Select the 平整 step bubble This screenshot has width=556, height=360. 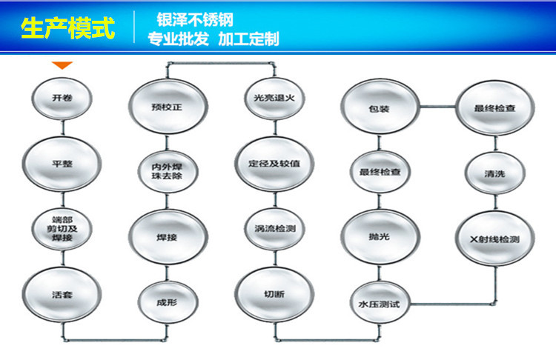(x=62, y=162)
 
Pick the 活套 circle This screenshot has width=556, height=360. (x=62, y=293)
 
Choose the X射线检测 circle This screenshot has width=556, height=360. (x=494, y=240)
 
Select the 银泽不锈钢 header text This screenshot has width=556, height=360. (x=195, y=20)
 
